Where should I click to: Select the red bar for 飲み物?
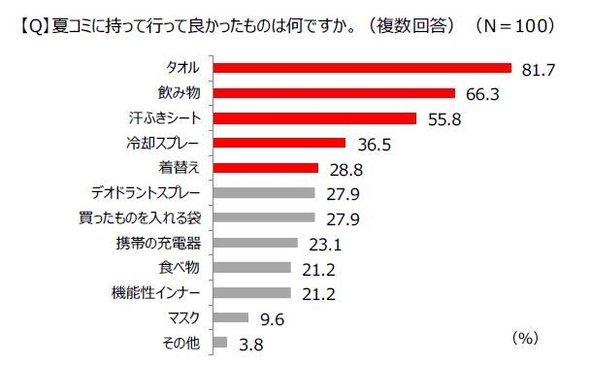click(x=333, y=93)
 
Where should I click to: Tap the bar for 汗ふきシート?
click(x=313, y=118)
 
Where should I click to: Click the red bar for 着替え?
click(x=264, y=168)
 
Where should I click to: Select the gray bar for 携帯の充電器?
click(x=253, y=243)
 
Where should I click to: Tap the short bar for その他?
click(x=218, y=342)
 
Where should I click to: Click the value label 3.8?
click(x=249, y=343)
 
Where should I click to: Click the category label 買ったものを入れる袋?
click(x=142, y=217)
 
